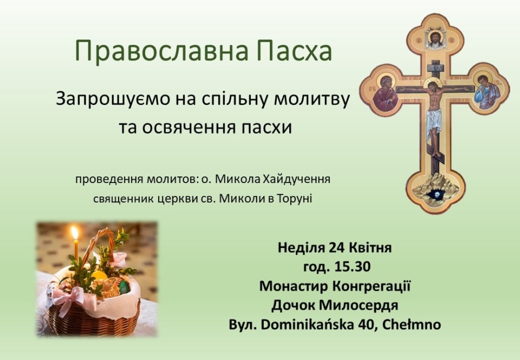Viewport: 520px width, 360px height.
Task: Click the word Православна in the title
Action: [x=161, y=50]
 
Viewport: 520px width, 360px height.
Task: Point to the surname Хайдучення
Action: [x=296, y=179]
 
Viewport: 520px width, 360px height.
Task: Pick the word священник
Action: [x=123, y=199]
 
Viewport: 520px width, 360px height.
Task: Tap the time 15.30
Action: [x=352, y=267]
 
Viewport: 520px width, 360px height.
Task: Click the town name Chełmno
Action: [x=412, y=324]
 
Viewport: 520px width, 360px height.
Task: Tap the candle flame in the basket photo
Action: [x=75, y=233]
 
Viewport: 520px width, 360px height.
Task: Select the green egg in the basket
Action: [x=123, y=287]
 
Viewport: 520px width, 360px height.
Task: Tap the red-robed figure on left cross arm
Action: [x=385, y=93]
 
